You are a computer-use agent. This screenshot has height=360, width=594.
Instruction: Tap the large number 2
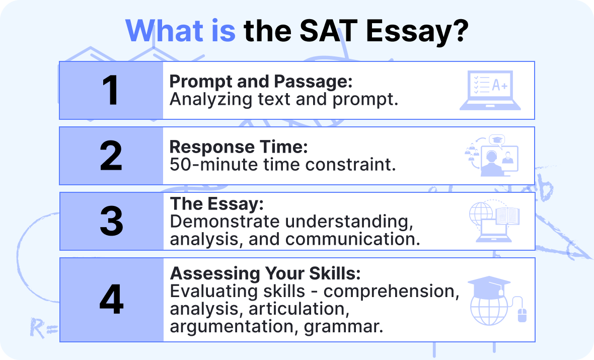111,156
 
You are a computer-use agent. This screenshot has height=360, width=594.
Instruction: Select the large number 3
111,221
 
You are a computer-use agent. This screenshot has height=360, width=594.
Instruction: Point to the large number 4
111,300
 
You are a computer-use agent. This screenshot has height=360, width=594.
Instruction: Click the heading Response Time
238,147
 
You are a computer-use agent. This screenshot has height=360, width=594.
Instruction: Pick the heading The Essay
216,204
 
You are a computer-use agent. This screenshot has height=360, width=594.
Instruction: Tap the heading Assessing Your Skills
265,274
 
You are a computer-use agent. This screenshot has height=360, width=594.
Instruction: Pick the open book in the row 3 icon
507,215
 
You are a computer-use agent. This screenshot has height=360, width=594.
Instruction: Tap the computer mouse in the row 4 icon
522,315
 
